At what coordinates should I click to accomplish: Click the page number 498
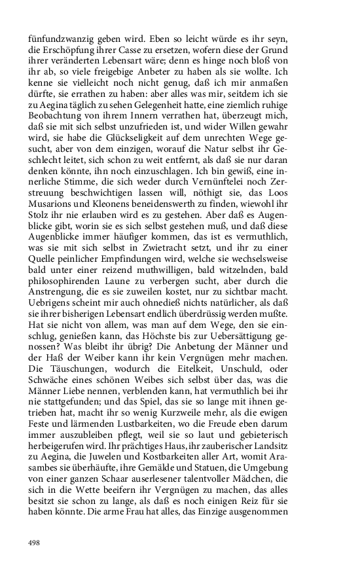[35, 543]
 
